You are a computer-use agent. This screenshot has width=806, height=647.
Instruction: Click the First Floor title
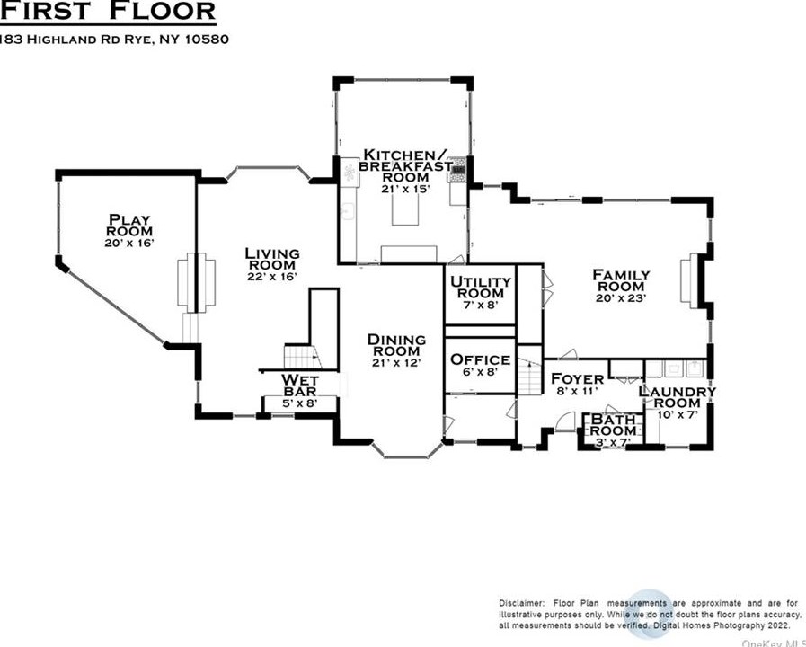click(108, 12)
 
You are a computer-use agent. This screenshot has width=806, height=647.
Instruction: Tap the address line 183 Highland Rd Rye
click(115, 40)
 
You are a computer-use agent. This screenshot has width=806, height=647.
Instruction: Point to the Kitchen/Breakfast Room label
click(405, 165)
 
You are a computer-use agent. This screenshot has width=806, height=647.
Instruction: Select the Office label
click(481, 359)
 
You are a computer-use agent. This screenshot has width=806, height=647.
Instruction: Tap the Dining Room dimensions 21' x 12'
click(396, 363)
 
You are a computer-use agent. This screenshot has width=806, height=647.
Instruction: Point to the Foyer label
click(577, 379)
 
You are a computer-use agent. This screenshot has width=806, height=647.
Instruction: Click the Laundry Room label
click(678, 397)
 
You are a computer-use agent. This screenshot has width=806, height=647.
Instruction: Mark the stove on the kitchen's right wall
click(458, 168)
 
